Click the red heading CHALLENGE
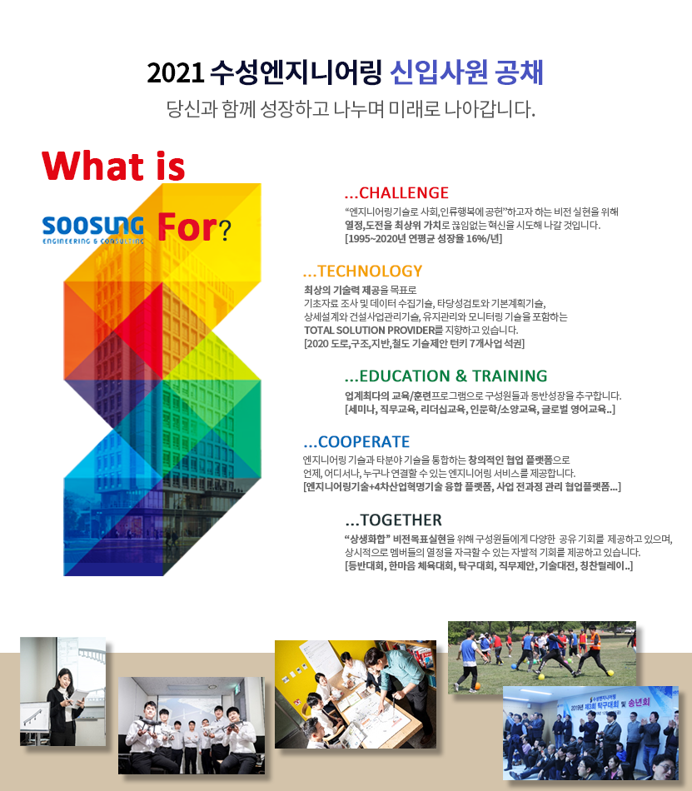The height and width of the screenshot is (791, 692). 404,192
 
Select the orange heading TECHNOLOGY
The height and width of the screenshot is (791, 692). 370,271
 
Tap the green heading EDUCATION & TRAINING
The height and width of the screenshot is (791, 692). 453,376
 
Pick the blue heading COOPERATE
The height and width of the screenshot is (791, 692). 364,442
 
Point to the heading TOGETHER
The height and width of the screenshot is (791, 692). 401,520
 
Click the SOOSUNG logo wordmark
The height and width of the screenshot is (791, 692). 93,226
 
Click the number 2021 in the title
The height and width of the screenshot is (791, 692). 175,72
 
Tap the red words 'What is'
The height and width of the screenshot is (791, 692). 113,166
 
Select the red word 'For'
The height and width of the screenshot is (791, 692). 187,227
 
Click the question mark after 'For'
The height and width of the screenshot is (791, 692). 226,230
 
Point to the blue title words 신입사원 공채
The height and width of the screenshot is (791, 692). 466,72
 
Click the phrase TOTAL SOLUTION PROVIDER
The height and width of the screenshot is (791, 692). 369,331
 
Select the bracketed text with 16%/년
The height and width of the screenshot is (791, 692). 424,239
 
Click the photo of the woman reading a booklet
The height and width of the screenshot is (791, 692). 63,691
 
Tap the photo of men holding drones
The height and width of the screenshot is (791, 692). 192,725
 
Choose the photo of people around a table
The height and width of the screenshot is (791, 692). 356,694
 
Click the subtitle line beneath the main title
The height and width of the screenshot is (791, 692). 351,108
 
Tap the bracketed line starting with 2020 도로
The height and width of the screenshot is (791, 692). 414,344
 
